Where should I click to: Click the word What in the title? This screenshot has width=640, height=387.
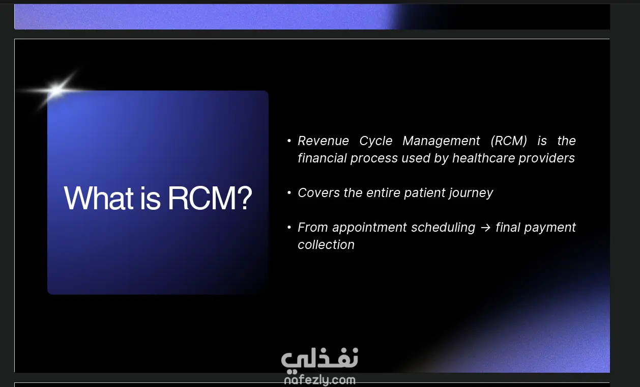98,198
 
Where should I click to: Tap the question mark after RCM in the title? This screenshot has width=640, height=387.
245,198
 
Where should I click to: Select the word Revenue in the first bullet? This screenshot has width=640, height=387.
323,141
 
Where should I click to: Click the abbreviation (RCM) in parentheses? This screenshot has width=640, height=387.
509,141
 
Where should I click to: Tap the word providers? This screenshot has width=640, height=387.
546,159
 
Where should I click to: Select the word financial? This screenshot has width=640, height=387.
322,158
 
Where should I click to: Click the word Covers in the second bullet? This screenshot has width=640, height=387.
319,193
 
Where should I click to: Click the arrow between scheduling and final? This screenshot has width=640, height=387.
485,228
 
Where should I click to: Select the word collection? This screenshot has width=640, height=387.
326,245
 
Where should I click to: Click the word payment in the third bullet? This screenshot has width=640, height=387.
550,228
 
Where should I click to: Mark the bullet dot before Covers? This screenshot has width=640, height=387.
289,193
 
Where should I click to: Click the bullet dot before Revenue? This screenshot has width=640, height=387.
289,141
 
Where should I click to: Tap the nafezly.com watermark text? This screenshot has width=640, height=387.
319,380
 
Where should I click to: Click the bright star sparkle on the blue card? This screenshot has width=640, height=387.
56,91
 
